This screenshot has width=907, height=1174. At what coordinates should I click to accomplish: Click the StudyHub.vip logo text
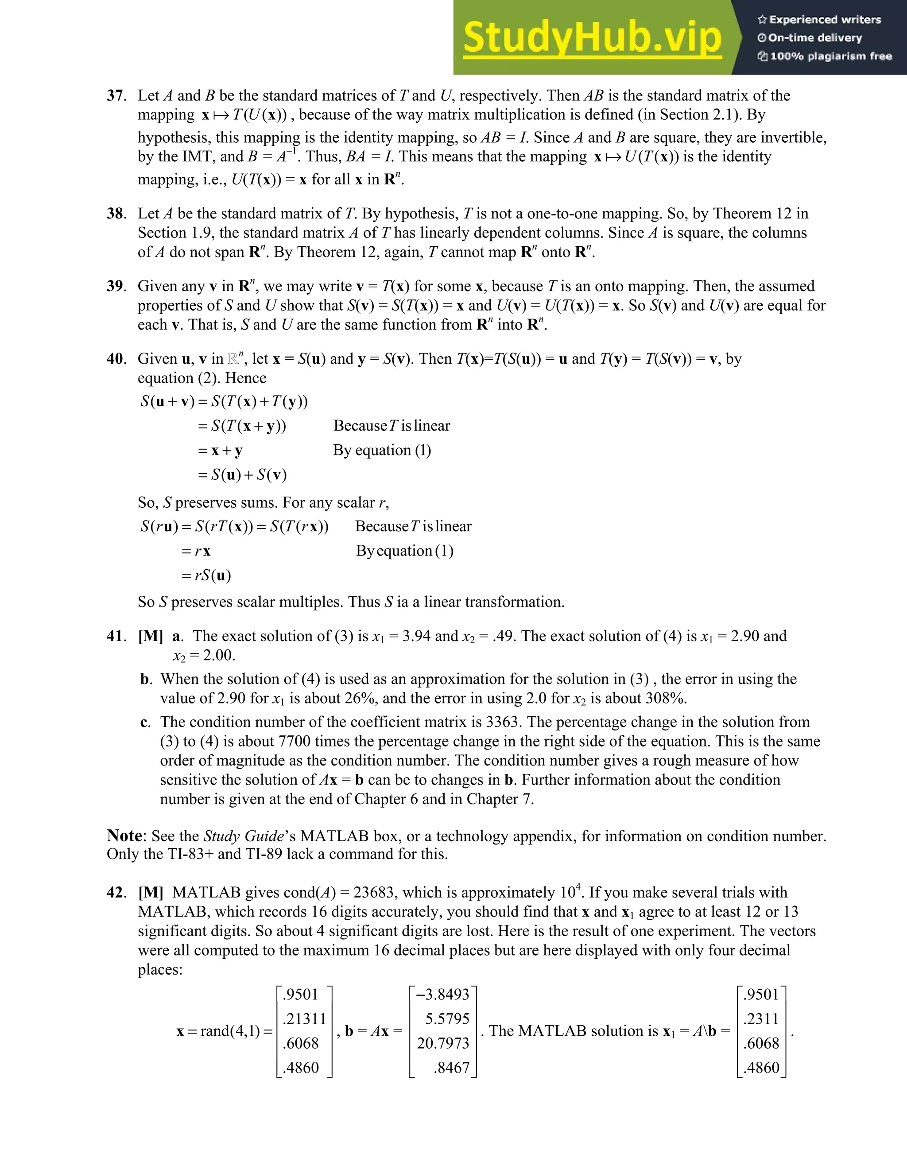(x=592, y=38)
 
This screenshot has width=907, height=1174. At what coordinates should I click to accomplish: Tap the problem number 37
(x=116, y=96)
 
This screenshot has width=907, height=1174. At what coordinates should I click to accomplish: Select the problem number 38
(x=116, y=214)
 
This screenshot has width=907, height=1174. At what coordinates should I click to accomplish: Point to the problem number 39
(x=116, y=286)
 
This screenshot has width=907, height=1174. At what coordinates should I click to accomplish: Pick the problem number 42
(x=116, y=892)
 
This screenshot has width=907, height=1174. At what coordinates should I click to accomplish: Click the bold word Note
(x=124, y=836)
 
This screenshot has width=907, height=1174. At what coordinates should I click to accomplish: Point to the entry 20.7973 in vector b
(x=443, y=1043)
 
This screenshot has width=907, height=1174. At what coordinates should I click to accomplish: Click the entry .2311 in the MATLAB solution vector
(x=761, y=1019)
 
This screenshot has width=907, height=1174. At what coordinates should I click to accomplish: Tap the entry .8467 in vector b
(x=451, y=1068)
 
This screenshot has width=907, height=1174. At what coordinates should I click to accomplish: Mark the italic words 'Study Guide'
(x=244, y=836)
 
